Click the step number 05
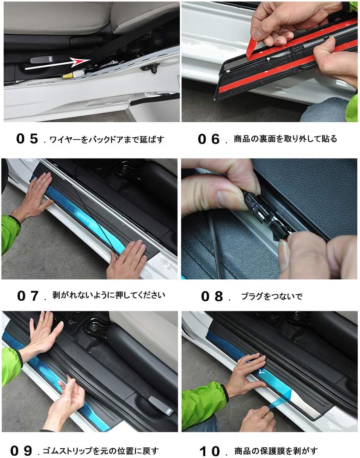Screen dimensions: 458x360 click(27, 139)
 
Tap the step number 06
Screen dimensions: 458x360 click(208, 139)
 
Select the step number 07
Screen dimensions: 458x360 click(27, 296)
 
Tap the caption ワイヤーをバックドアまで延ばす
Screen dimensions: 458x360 click(106, 139)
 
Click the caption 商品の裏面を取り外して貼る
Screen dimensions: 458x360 click(285, 139)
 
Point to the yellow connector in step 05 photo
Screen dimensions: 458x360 click(67, 75)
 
